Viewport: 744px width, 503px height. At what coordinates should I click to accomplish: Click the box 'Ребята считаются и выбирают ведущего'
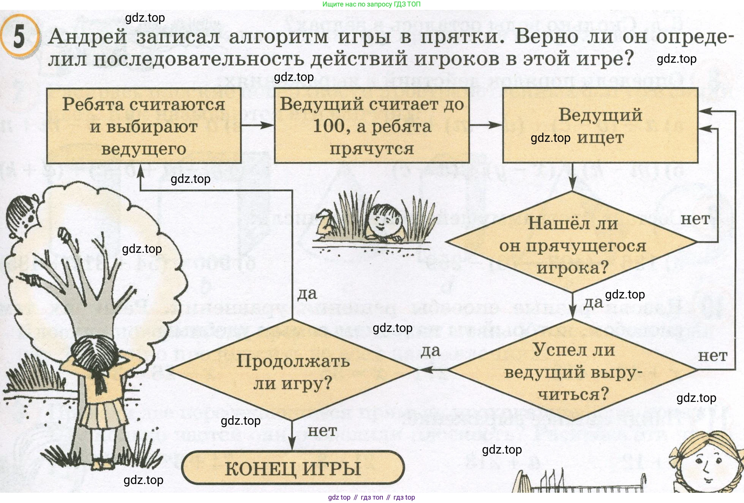click(144, 126)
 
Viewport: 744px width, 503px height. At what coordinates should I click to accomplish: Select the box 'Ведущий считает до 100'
click(371, 126)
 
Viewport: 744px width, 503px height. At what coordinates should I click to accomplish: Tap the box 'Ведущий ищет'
click(600, 126)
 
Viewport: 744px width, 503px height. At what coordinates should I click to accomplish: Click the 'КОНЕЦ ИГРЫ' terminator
click(293, 468)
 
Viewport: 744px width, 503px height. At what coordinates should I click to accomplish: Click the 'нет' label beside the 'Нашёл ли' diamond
click(695, 219)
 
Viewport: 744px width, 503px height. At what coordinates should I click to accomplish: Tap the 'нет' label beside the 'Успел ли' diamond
click(712, 356)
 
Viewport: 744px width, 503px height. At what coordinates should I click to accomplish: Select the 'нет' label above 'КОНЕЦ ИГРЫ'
click(322, 431)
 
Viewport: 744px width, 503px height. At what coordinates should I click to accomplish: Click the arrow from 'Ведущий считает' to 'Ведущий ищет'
click(486, 125)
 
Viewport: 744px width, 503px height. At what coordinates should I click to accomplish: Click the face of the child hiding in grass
click(385, 221)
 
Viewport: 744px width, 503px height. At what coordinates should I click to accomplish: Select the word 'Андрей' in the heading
click(88, 37)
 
